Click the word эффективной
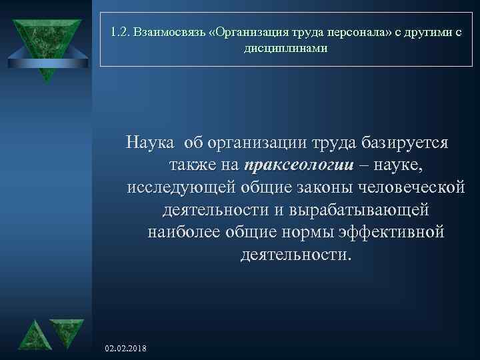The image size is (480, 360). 397,233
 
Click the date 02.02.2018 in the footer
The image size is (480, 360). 127,349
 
